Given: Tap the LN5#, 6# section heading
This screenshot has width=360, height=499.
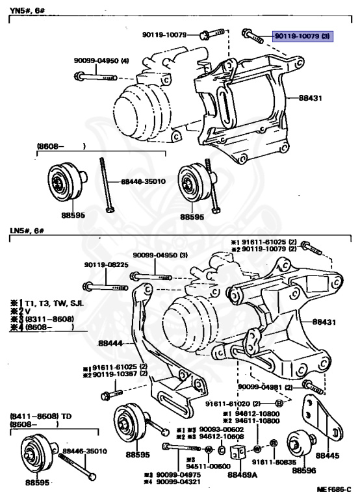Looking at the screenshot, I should pyautogui.click(x=24, y=231).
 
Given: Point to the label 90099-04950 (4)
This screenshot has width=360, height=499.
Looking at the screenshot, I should pyautogui.click(x=103, y=61).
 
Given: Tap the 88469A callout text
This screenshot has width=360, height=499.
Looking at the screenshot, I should pyautogui.click(x=241, y=475).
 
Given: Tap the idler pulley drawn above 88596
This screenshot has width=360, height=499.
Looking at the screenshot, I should pyautogui.click(x=300, y=445).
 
